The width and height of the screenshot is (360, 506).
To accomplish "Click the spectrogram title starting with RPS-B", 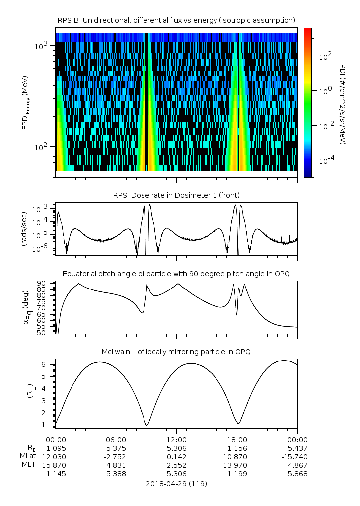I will (x=176, y=20).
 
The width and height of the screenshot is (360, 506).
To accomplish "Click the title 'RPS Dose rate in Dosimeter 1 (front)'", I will (x=176, y=195).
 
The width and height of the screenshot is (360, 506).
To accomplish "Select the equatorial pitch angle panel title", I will (x=176, y=274).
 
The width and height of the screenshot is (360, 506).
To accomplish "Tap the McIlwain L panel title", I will (x=176, y=352).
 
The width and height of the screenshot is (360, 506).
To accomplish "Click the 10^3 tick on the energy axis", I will (x=41, y=46).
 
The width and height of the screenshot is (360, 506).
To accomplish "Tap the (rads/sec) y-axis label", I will (x=23, y=228).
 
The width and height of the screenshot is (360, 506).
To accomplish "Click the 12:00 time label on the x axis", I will (x=176, y=440).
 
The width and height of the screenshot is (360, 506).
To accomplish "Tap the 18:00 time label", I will (x=237, y=440).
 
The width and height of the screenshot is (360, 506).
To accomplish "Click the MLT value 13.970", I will (x=237, y=465).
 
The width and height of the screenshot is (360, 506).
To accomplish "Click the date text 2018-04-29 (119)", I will (x=176, y=483).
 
